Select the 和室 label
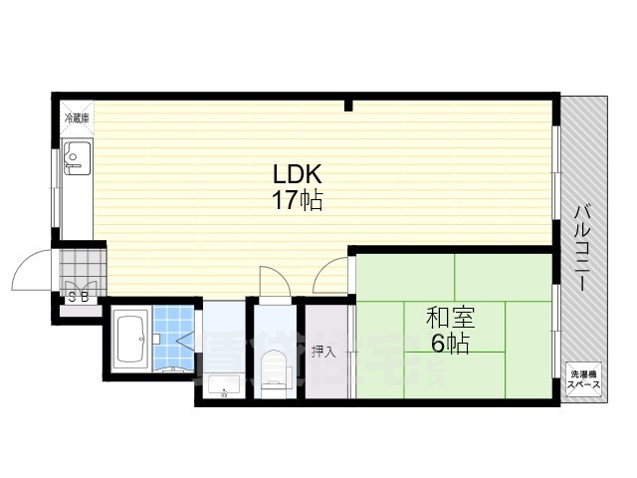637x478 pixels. [x=451, y=319]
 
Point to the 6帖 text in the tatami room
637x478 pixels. [x=451, y=345]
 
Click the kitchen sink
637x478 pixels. [x=77, y=156]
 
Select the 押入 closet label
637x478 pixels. [x=323, y=351]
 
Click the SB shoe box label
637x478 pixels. [x=79, y=296]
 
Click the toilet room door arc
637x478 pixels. [x=270, y=279]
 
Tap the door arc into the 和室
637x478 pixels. [x=332, y=273]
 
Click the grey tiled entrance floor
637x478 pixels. [x=81, y=266]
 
